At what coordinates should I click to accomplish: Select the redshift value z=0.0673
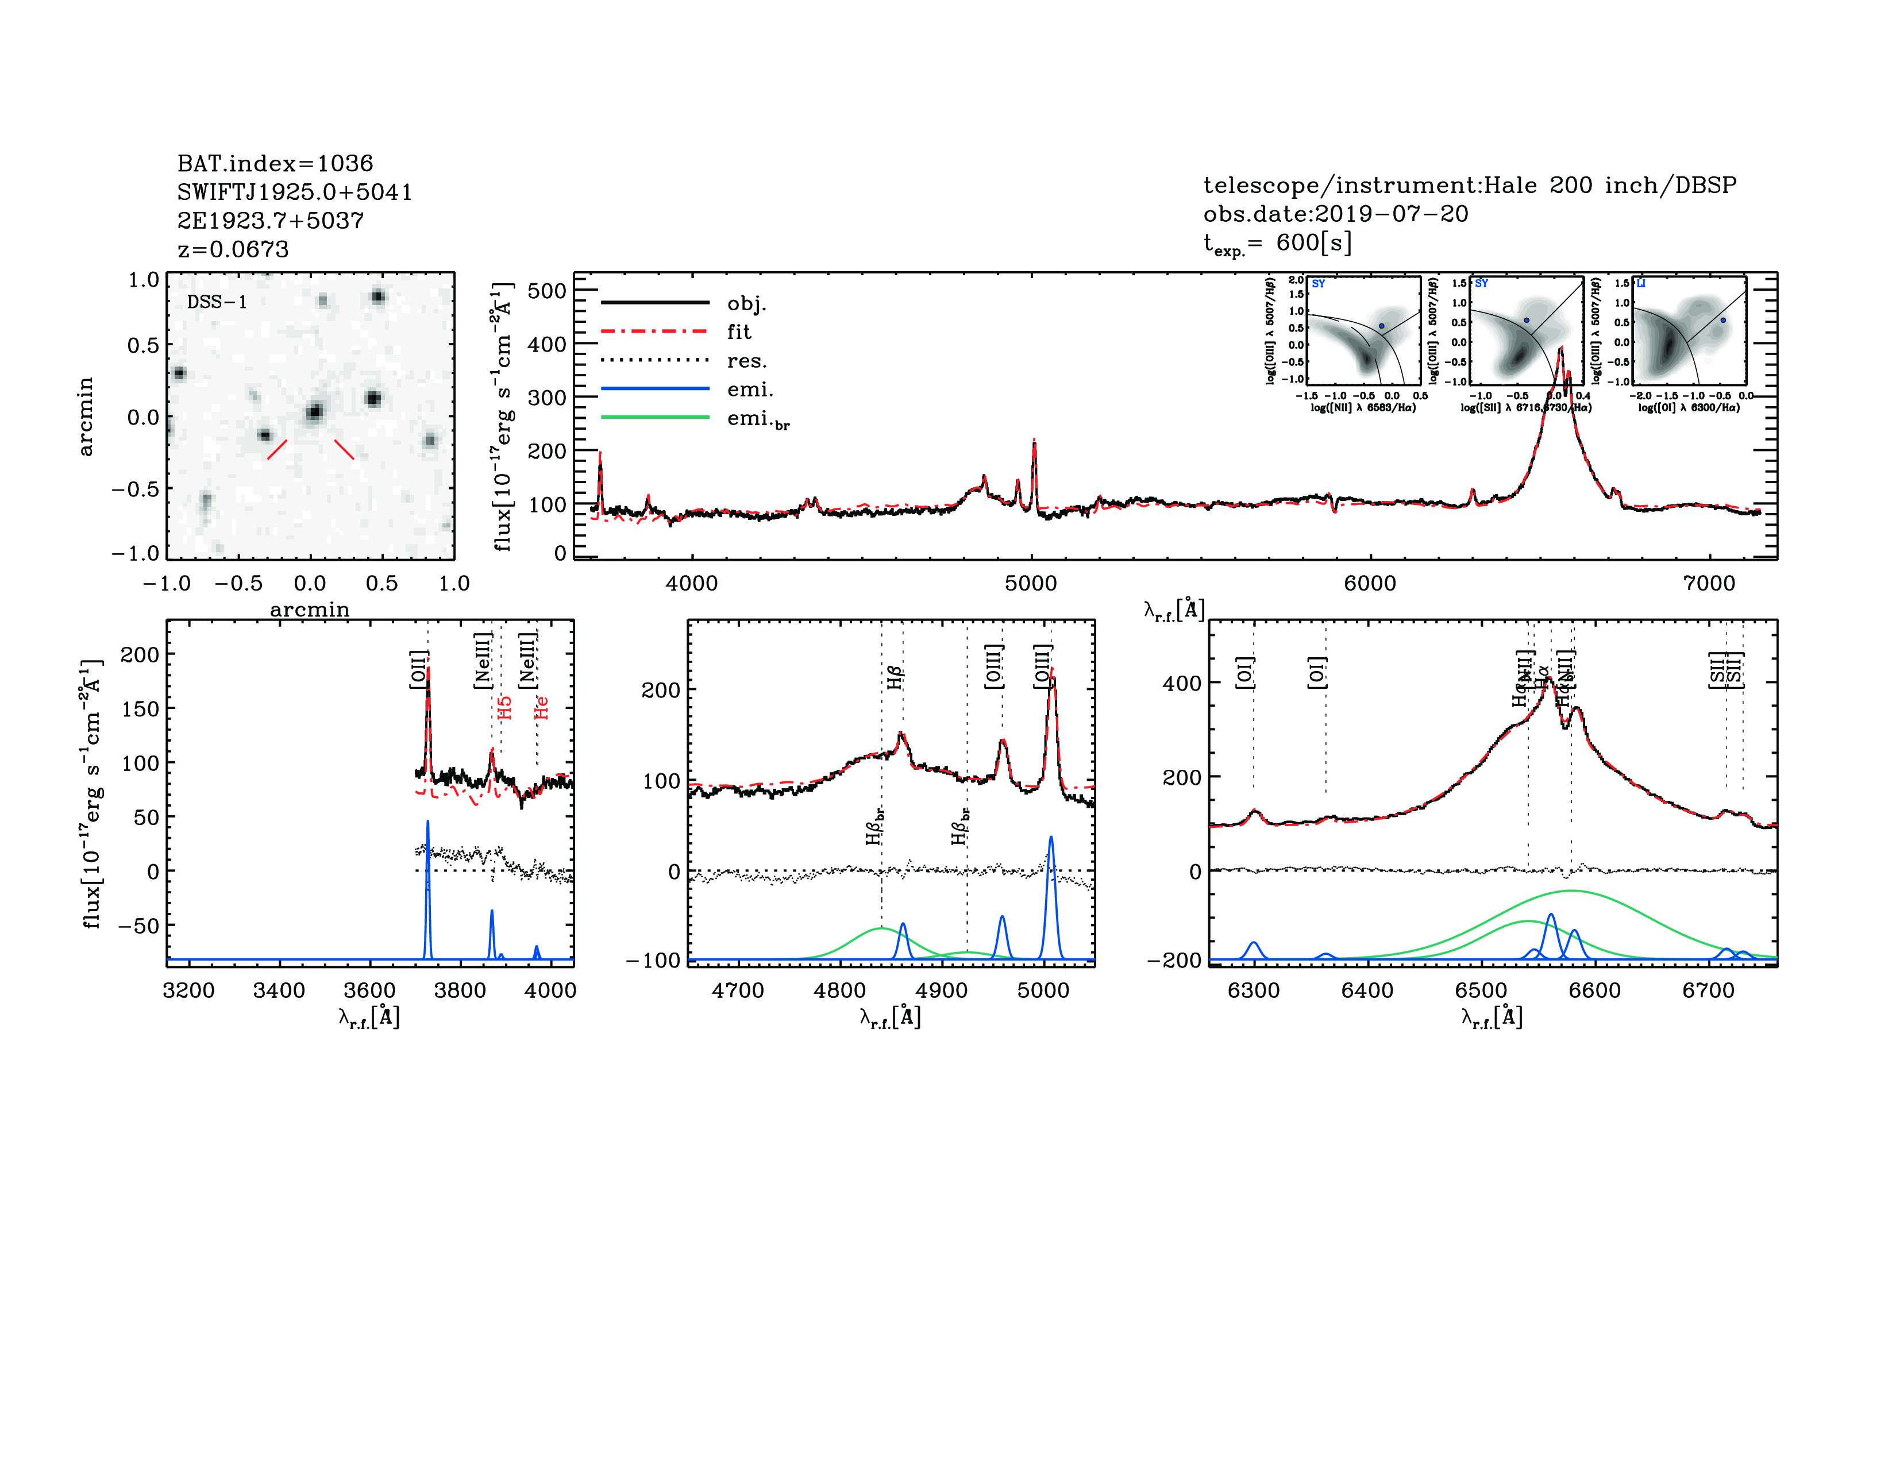point(233,249)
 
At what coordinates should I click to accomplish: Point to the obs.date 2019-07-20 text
point(1335,214)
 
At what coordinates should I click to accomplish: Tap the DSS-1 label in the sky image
point(217,302)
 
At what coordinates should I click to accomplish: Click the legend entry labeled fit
point(739,331)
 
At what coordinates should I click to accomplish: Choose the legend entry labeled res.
point(746,360)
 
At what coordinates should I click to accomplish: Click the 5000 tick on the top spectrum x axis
point(1031,583)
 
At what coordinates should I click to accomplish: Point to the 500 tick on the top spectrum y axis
point(547,291)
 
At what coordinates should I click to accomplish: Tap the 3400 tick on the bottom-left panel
point(279,990)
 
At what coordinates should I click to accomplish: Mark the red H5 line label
point(504,707)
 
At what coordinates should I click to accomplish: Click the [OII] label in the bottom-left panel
point(418,669)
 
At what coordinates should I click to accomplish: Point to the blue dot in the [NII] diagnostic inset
point(1381,325)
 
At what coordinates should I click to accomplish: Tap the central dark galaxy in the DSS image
point(314,411)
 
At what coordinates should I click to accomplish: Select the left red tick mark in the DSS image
point(277,449)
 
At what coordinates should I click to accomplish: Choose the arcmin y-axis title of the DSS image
point(85,417)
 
